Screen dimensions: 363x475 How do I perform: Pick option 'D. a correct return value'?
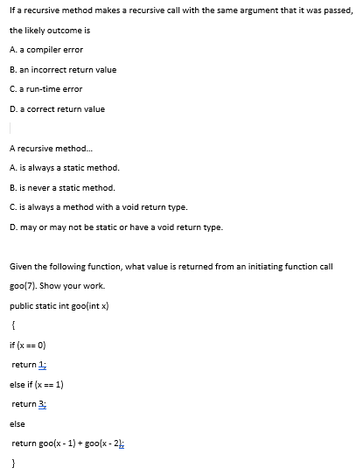tap(57, 109)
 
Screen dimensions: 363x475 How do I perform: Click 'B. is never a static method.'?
tap(62, 187)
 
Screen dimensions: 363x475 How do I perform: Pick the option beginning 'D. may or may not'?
tap(115, 227)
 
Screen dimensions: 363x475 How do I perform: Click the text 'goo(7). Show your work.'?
tap(53, 285)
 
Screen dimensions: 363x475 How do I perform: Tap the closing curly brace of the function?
tap(13, 464)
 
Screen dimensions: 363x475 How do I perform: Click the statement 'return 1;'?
tap(28, 365)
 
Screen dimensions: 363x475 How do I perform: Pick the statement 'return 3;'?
tap(28, 404)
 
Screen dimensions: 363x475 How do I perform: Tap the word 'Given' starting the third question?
tap(19, 266)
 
